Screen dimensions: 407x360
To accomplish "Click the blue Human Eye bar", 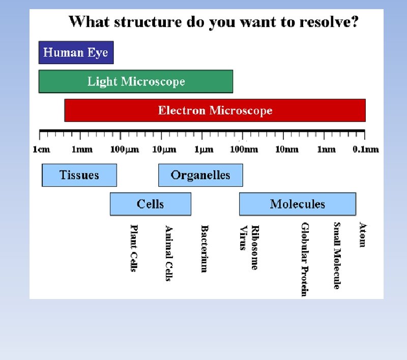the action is (76, 52).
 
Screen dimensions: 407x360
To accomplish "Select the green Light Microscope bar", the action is (136, 81).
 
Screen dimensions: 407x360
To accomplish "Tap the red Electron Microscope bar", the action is (215, 110).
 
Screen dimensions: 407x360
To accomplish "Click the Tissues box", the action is (79, 175).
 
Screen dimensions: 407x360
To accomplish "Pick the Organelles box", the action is (200, 175).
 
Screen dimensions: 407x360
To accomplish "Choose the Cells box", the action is (151, 204).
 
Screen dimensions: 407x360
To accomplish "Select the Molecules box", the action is (298, 204).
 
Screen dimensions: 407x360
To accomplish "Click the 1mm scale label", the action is (81, 149).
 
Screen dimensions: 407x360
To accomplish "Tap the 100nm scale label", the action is (244, 149).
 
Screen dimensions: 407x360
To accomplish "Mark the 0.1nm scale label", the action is (366, 149).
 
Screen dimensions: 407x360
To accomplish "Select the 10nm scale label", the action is (286, 149).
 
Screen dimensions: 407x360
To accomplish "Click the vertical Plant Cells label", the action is (134, 248).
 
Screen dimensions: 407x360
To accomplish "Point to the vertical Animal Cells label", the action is (169, 253).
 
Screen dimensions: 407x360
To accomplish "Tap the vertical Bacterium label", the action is (204, 249).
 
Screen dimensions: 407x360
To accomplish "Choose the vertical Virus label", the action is (243, 238).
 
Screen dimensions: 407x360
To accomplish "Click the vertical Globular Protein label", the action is (305, 259).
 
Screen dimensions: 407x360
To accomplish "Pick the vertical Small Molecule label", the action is (337, 255).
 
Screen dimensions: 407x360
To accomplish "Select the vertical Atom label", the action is (362, 234).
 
